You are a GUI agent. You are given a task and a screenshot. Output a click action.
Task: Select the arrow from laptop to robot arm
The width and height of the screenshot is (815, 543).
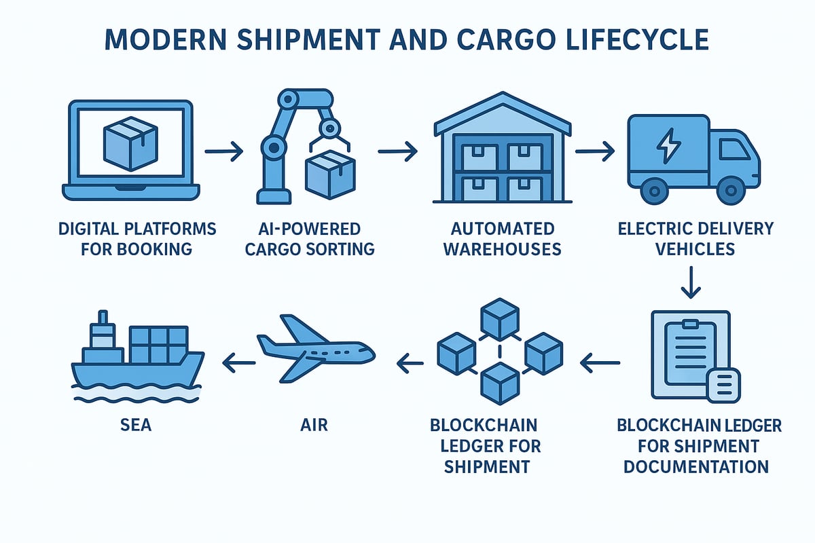[x=223, y=151]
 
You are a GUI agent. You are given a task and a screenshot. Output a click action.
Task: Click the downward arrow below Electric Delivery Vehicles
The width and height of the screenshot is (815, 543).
[x=690, y=283]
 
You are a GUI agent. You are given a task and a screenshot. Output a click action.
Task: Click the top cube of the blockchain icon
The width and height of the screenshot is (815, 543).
[x=499, y=318]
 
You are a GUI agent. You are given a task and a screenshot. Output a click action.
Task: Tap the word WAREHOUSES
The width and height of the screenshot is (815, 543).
[x=503, y=248]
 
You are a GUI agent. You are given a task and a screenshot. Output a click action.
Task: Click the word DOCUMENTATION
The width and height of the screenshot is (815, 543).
[x=696, y=466]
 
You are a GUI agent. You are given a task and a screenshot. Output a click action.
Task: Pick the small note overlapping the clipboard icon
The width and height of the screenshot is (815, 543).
[x=723, y=385]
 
